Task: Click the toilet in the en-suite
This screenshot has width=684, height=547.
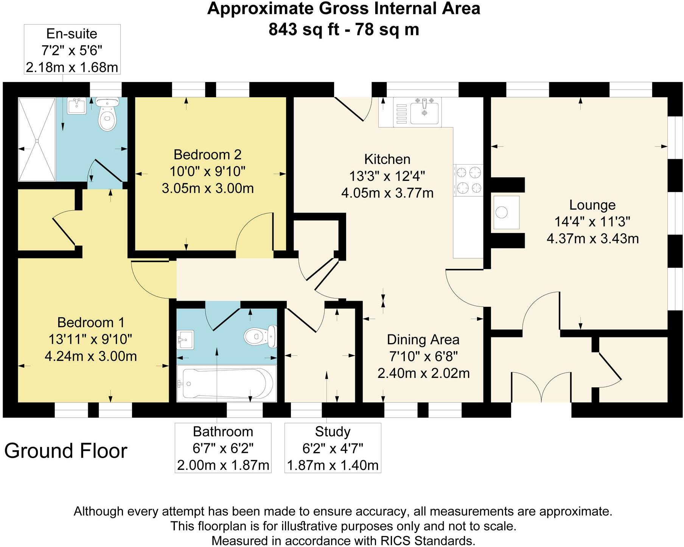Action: [x=107, y=115]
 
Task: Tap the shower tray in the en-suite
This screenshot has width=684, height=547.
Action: [x=37, y=140]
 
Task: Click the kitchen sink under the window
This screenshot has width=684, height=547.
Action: [x=424, y=112]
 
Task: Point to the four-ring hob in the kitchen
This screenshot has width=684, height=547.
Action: [x=469, y=180]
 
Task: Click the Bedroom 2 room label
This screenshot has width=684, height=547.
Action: [x=207, y=155]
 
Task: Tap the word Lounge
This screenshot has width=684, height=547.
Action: [x=592, y=205]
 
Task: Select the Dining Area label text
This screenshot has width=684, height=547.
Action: [x=423, y=339]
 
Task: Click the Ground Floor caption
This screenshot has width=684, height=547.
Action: [x=66, y=451]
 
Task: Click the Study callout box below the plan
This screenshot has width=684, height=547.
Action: [x=333, y=448]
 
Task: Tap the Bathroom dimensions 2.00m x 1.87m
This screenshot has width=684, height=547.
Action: [x=223, y=465]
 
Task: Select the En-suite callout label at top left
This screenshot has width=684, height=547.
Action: [x=72, y=34]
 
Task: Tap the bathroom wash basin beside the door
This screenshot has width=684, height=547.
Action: [x=185, y=339]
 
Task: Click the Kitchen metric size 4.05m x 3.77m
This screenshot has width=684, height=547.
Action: [x=387, y=193]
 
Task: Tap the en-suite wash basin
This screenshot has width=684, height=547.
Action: [x=77, y=106]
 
